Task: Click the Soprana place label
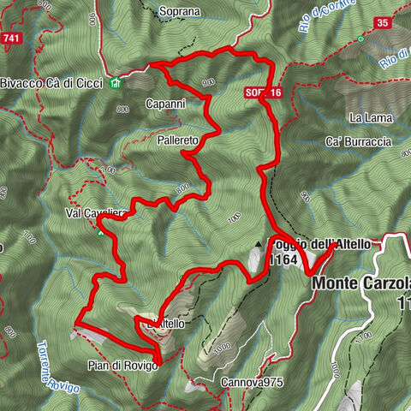[x=179, y=12]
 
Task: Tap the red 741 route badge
[x=12, y=39]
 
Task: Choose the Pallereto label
[x=178, y=138]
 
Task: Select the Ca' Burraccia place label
[x=359, y=140]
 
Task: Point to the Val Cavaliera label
[x=95, y=213]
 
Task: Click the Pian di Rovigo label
[x=122, y=365]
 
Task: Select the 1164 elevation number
[x=283, y=259]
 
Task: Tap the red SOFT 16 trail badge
[x=262, y=92]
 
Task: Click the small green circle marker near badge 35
[x=361, y=39]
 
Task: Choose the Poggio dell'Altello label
[x=322, y=244]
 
